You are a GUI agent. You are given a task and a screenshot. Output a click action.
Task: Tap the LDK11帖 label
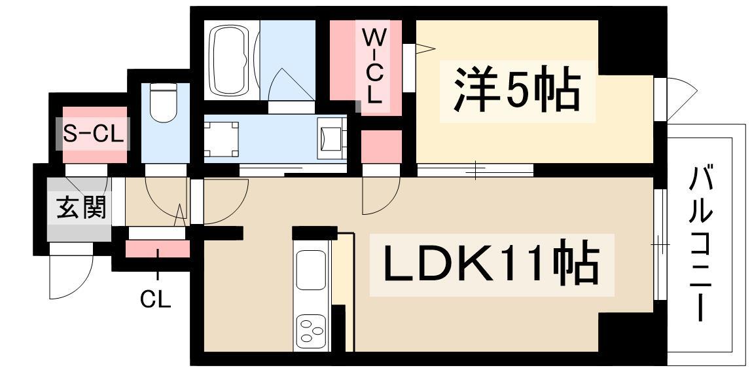click(492, 264)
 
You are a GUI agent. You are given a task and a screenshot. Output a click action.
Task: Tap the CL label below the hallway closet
click(155, 300)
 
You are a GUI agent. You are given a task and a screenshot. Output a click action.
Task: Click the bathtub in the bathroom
click(231, 60)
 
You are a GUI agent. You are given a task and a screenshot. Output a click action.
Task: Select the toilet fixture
click(164, 102)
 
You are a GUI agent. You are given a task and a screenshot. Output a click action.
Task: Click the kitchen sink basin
click(310, 270)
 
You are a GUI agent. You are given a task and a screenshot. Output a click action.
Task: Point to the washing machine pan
click(221, 139)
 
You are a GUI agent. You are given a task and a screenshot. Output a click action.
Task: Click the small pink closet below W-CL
click(382, 147)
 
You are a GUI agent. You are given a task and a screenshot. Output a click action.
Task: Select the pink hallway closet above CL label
click(157, 249)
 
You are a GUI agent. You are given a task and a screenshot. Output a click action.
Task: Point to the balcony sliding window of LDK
click(660, 245)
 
